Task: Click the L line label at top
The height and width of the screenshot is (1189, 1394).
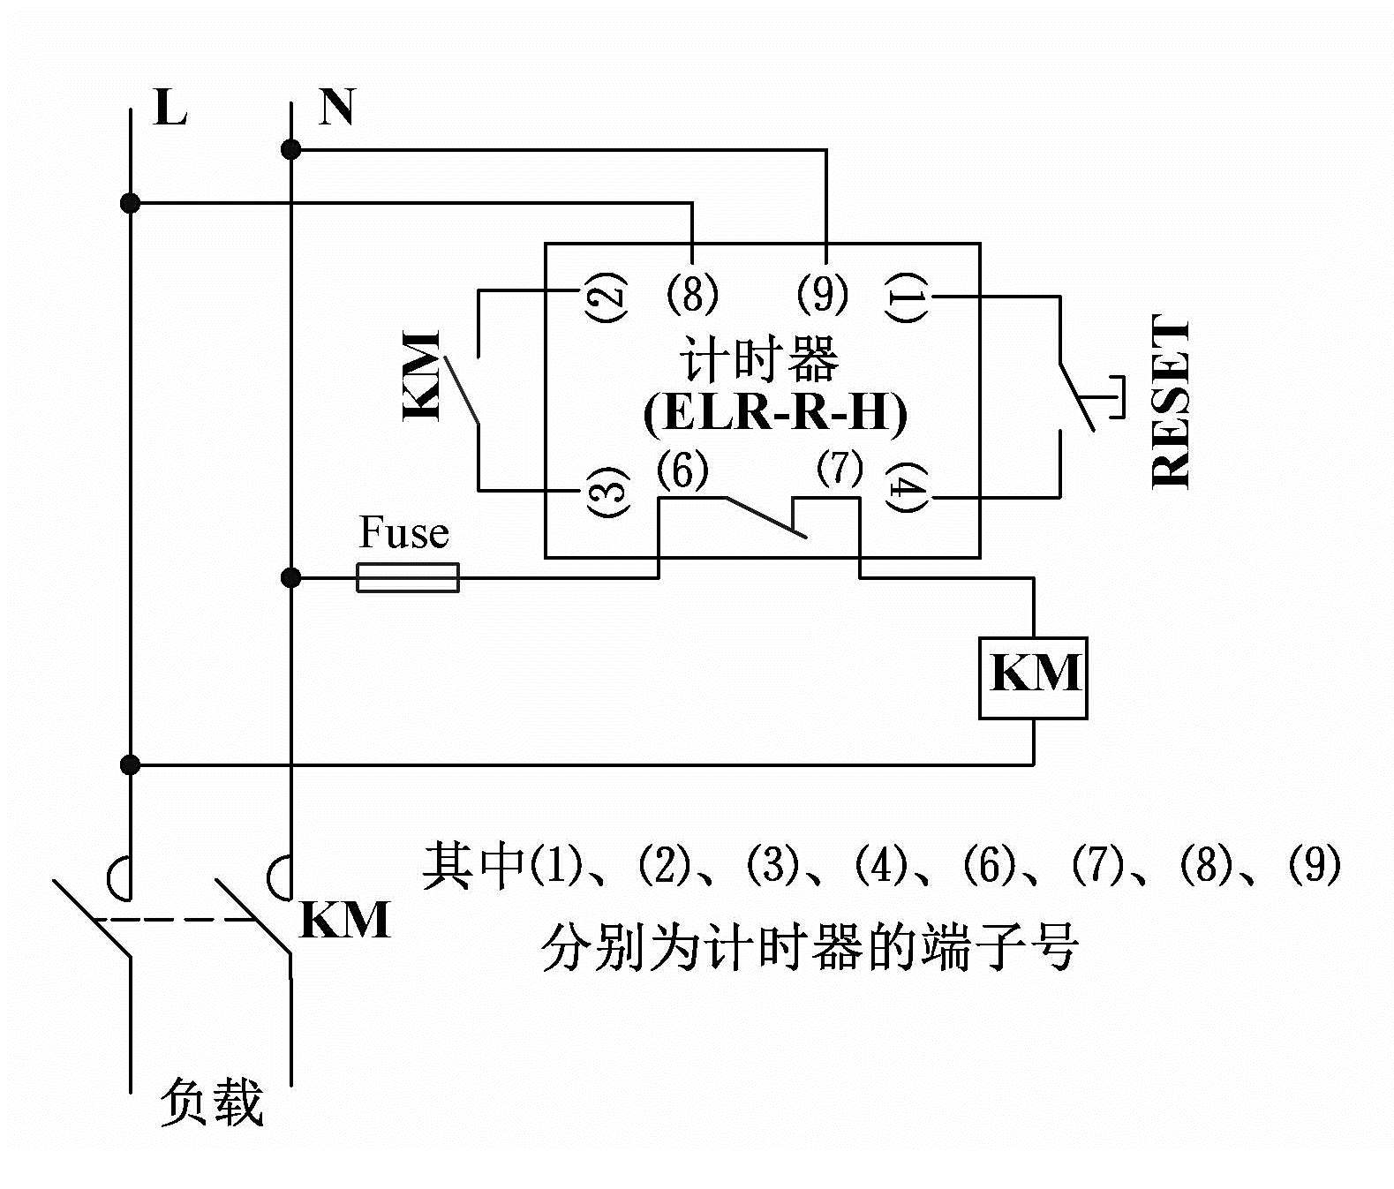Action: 170,108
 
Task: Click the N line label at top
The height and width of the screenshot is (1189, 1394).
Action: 336,107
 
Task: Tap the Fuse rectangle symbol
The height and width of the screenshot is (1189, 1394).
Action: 408,577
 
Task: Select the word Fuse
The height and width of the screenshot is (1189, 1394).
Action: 403,533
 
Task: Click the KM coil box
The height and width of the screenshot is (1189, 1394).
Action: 1032,677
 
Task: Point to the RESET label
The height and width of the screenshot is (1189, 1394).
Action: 1172,403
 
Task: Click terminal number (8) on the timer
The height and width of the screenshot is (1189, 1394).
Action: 692,292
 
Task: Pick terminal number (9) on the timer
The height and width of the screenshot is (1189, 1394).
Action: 822,292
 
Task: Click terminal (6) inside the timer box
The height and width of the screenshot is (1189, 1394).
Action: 682,471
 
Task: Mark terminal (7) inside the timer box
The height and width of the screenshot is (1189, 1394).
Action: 838,469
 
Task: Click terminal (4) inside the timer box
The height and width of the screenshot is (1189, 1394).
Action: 909,489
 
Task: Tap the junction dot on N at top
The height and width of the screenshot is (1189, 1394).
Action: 290,150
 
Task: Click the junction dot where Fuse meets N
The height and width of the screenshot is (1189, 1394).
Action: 290,578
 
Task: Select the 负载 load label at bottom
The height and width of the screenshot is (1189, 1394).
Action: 212,1102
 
